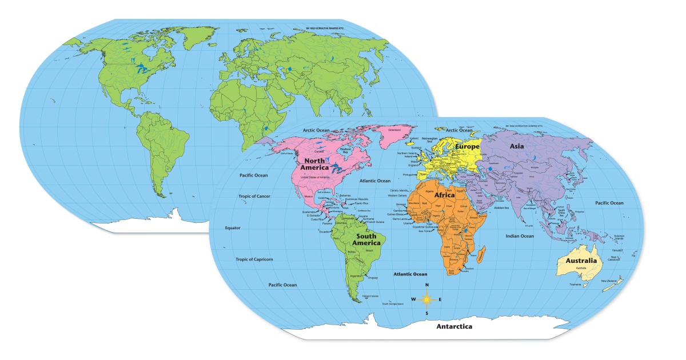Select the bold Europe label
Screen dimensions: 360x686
pyautogui.click(x=467, y=147)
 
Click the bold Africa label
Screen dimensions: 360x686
pyautogui.click(x=444, y=195)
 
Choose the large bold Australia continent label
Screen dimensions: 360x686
pyautogui.click(x=581, y=261)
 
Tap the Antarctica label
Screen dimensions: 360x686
pyautogui.click(x=454, y=326)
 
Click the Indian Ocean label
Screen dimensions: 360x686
pyautogui.click(x=520, y=235)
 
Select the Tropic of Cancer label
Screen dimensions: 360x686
pyautogui.click(x=254, y=196)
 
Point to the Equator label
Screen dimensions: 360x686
pyautogui.click(x=233, y=227)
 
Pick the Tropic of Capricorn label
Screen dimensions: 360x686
pyautogui.click(x=254, y=259)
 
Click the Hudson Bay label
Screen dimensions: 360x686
pyautogui.click(x=345, y=151)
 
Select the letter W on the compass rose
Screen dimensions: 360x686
pyautogui.click(x=413, y=299)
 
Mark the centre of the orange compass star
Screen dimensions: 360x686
pyautogui.click(x=426, y=299)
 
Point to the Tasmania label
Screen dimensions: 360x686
pyautogui.click(x=575, y=285)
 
